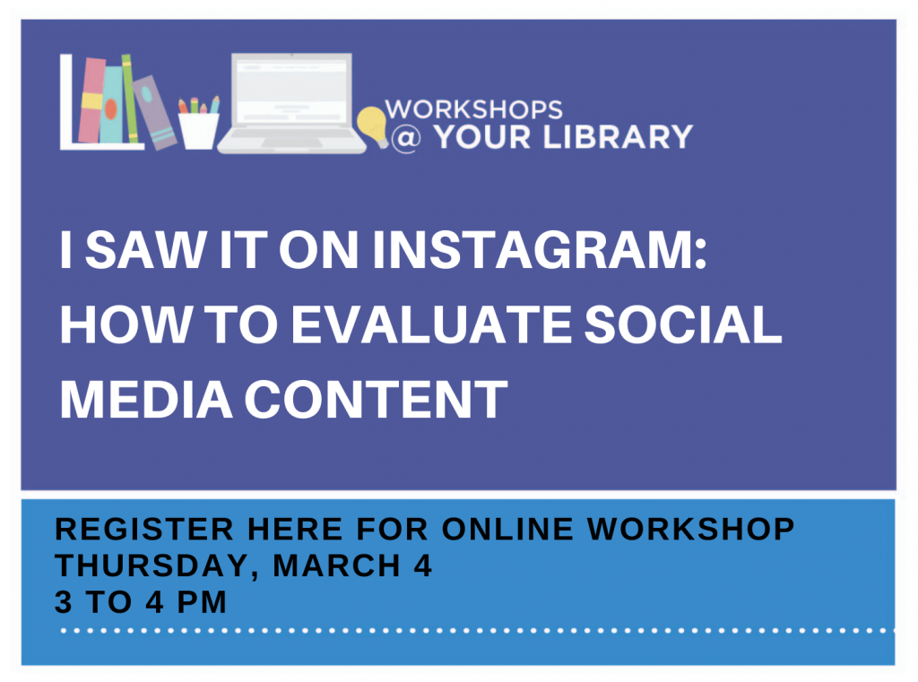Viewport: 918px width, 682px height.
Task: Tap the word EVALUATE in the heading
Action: pos(432,325)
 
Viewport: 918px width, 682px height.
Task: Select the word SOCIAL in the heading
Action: pos(683,325)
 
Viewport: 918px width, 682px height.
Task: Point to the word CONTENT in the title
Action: pos(376,400)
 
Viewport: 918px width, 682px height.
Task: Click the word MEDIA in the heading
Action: pos(146,400)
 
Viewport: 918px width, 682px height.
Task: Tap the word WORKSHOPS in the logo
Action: pos(473,109)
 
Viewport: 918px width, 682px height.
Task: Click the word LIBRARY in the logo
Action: pos(618,138)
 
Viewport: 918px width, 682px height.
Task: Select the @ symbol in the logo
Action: pos(406,138)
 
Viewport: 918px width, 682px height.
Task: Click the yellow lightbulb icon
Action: pos(372,125)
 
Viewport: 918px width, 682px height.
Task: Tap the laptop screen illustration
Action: pos(291,91)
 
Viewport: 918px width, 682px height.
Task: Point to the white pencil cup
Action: pos(198,131)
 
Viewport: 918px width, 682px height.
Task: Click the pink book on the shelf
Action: pos(91,100)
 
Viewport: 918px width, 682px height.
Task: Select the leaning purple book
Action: pos(154,112)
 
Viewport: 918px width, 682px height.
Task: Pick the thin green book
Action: pos(129,99)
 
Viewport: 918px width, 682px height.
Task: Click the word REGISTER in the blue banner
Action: pos(144,530)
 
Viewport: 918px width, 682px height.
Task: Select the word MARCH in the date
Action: pos(337,566)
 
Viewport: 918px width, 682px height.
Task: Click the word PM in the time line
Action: pos(202,602)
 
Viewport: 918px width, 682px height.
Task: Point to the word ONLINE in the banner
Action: pos(507,530)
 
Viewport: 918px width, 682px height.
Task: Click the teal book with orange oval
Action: pos(111,104)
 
